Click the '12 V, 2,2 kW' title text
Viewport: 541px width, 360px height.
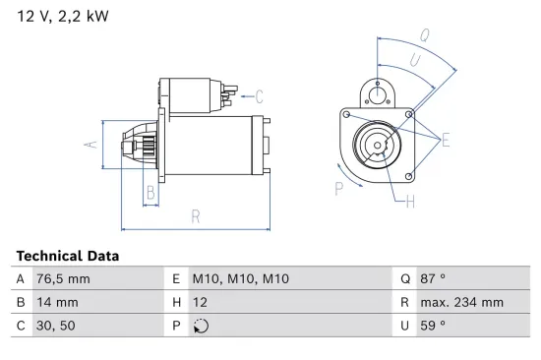[x=61, y=17]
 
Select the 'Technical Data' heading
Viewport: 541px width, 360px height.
[x=68, y=256]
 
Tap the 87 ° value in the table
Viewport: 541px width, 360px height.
[x=433, y=278]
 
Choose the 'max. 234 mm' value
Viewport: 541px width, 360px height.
[x=463, y=302]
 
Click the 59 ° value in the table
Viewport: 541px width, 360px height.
[x=433, y=326]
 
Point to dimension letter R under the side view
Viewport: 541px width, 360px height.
[x=196, y=215]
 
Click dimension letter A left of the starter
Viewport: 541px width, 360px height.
[x=91, y=144]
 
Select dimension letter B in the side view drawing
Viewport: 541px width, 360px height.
[x=150, y=194]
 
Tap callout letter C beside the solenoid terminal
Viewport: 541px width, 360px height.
[x=260, y=96]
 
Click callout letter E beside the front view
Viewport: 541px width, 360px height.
[x=445, y=141]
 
